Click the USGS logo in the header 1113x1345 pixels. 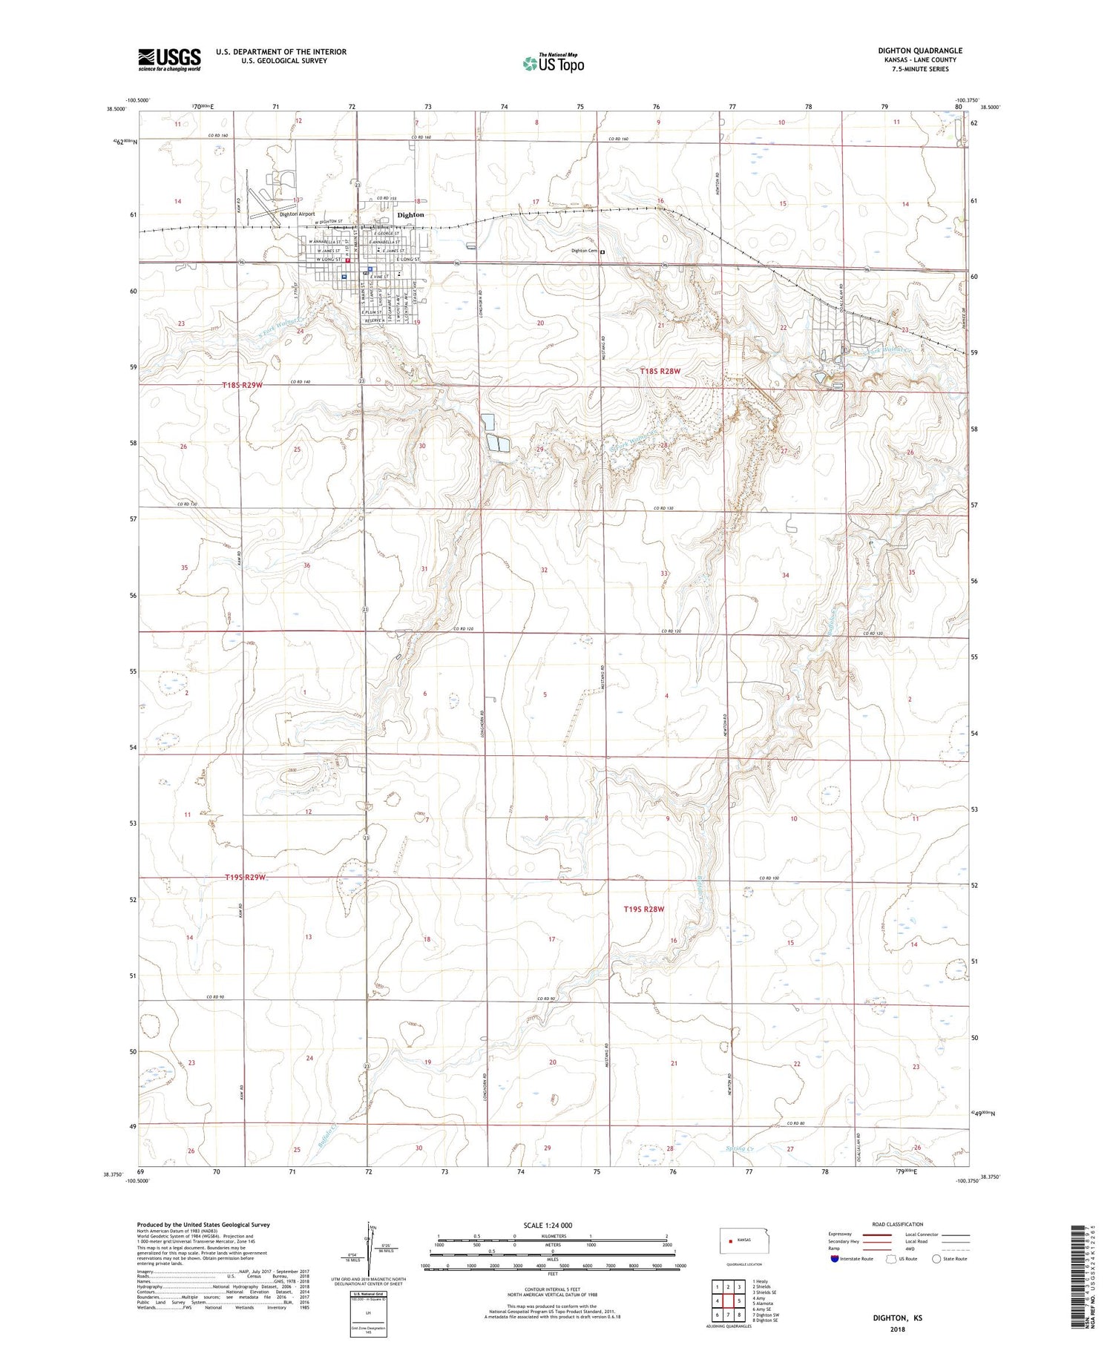click(x=169, y=59)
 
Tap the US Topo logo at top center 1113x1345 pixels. click(x=554, y=64)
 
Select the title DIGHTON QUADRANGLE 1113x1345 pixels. click(x=919, y=50)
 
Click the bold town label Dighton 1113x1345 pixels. click(x=410, y=215)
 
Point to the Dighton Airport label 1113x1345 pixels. click(x=297, y=214)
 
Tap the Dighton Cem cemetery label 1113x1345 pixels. click(x=584, y=251)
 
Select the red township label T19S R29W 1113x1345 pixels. click(x=244, y=878)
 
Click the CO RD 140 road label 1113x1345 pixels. click(x=300, y=381)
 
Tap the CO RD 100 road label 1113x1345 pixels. click(x=770, y=878)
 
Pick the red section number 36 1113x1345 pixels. click(x=306, y=565)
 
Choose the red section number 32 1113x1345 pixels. click(x=544, y=570)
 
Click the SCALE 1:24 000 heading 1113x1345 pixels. click(x=548, y=1225)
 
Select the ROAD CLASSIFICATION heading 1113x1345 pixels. click(x=898, y=1224)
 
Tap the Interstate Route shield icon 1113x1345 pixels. click(x=835, y=1259)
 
